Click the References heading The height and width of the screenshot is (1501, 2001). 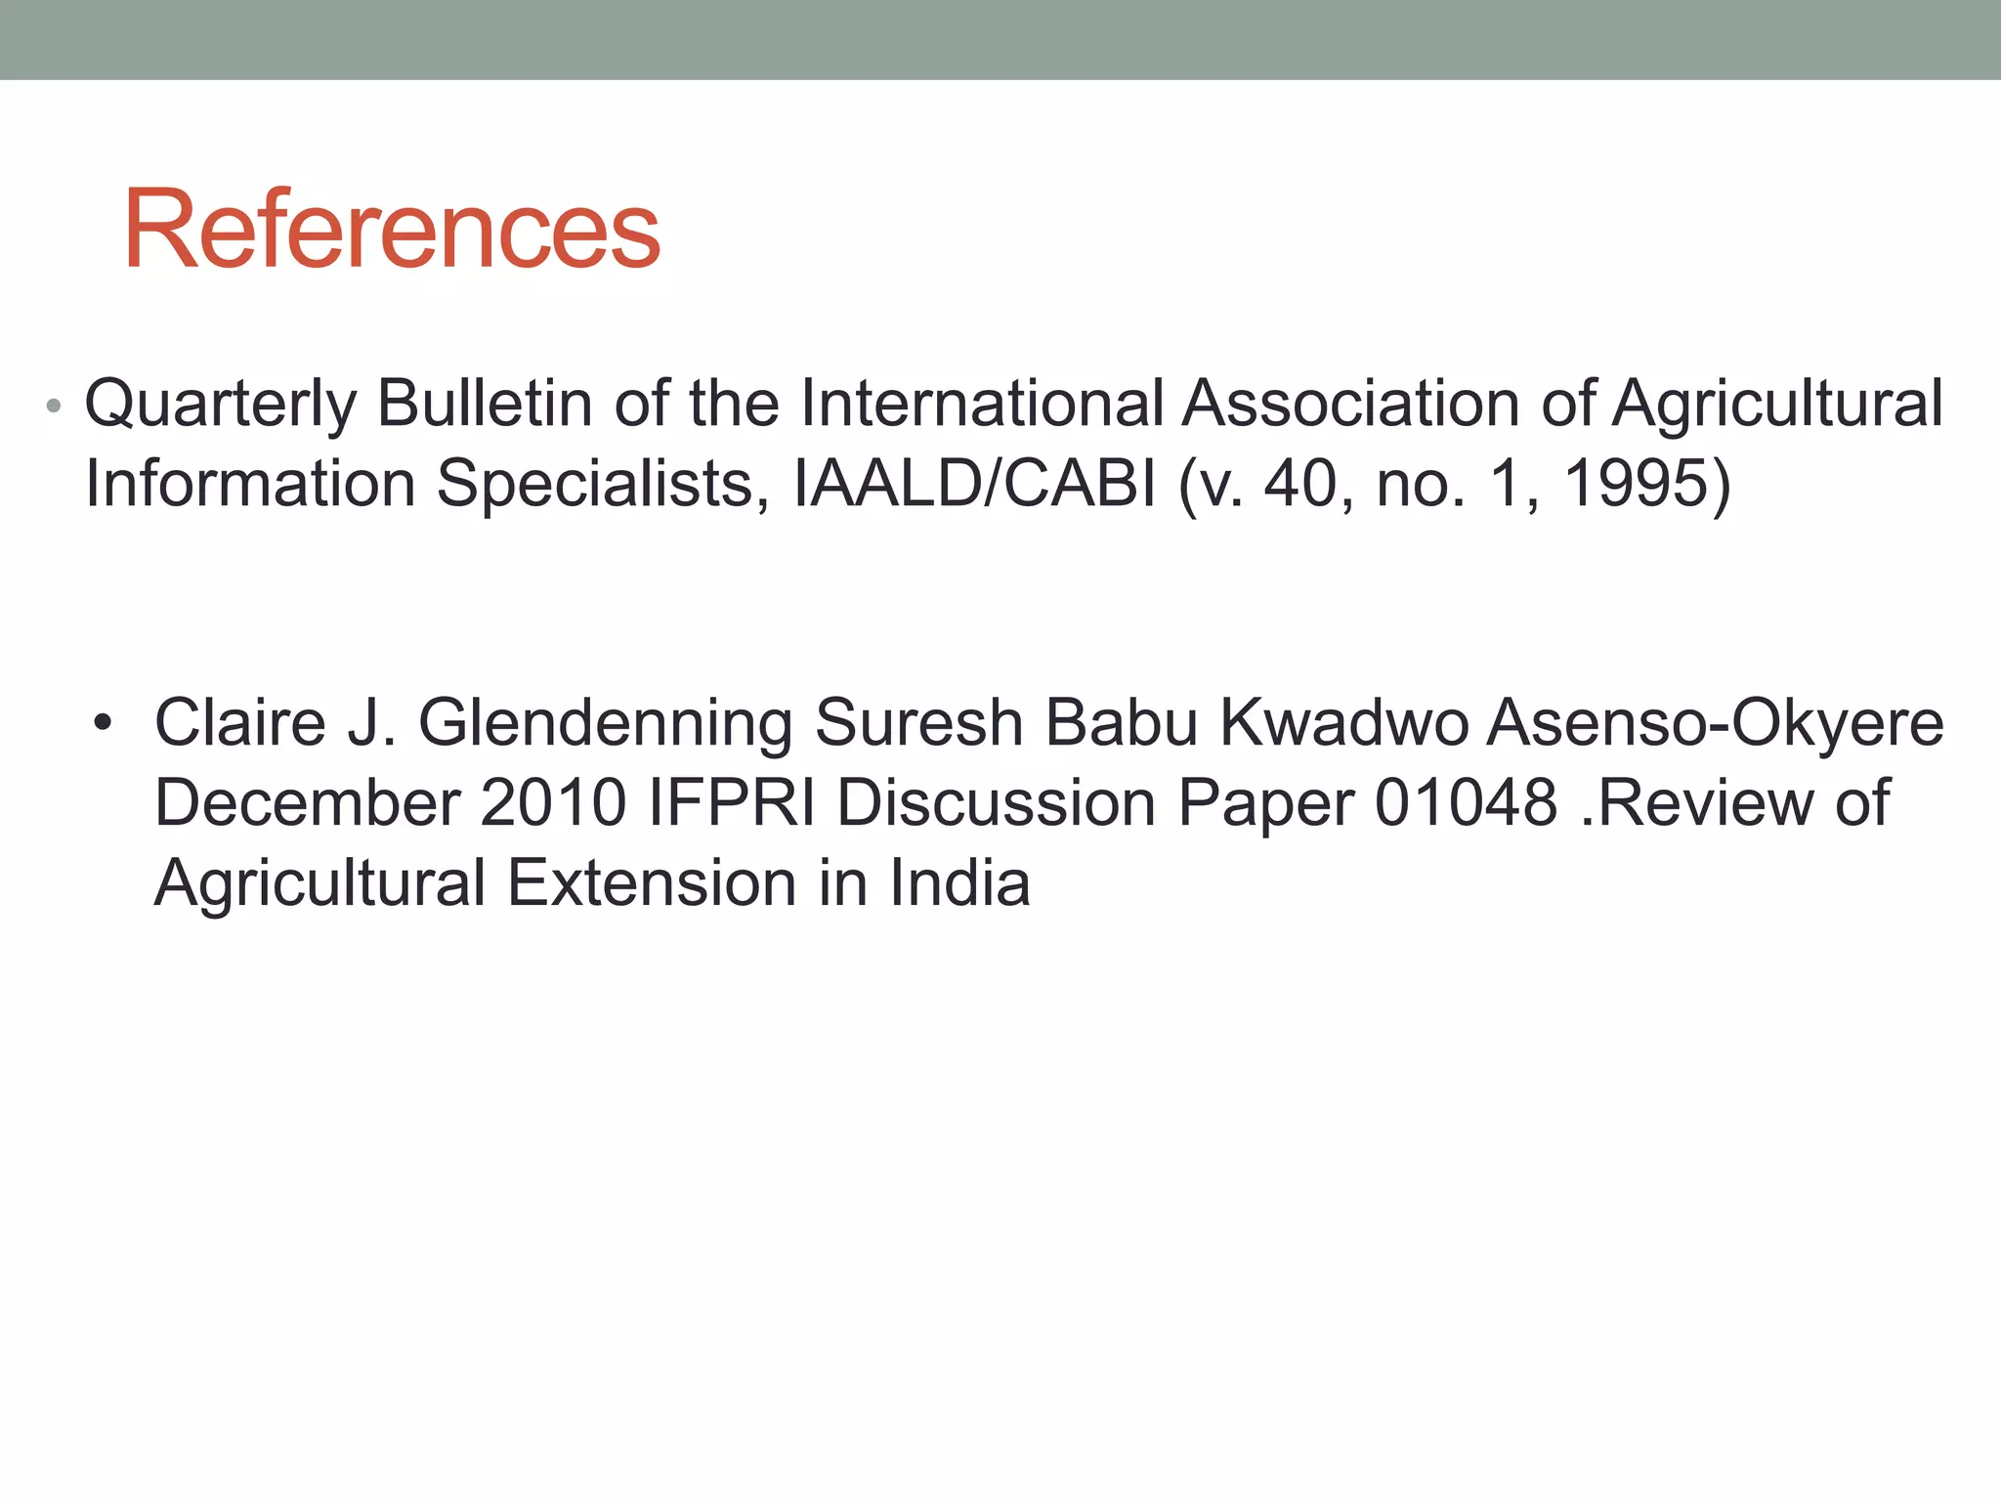392,231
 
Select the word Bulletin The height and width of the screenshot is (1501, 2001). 485,403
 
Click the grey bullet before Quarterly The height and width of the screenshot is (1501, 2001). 54,405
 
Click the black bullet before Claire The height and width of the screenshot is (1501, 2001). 103,724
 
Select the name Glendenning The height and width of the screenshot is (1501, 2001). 605,724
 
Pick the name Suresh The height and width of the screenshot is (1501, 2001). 918,722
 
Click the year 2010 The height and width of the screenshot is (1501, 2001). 553,803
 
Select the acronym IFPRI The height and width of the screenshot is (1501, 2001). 732,803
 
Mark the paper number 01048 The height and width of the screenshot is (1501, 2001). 1466,803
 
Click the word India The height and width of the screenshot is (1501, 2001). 959,883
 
